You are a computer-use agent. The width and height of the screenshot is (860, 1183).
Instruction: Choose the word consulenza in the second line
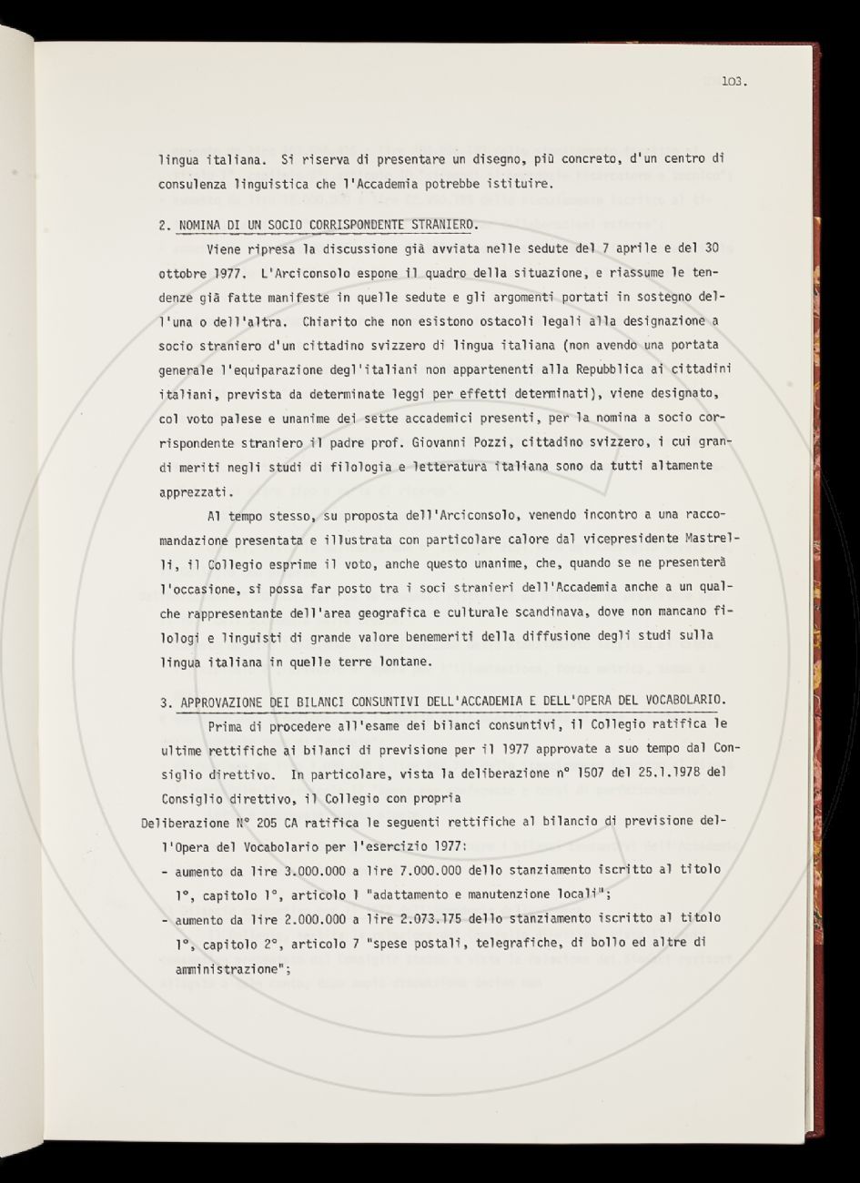click(195, 183)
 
